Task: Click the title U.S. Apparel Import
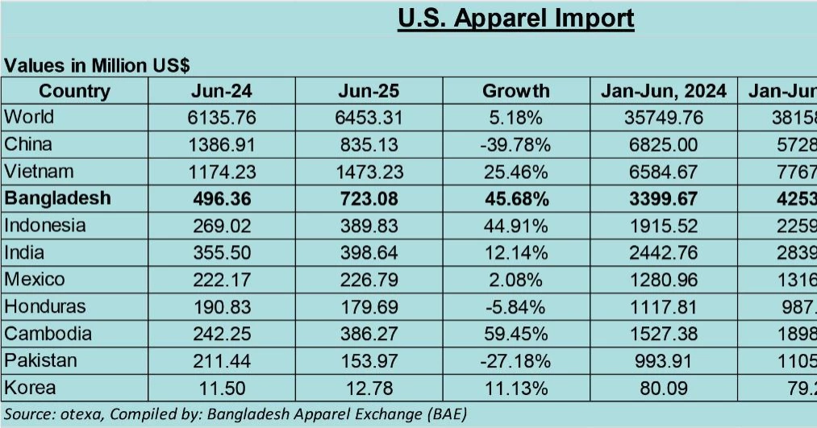[x=515, y=19]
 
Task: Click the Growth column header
[x=515, y=90]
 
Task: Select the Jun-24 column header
[x=222, y=90]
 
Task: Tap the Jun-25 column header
[x=369, y=90]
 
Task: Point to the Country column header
[x=74, y=90]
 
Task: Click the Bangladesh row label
[x=57, y=198]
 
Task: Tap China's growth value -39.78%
[x=515, y=144]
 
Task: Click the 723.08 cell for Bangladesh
[x=369, y=198]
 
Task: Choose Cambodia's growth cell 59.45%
[x=515, y=334]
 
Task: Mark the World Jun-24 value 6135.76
[x=222, y=118]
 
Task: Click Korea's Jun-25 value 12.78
[x=369, y=389]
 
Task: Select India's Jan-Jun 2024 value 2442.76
[x=664, y=252]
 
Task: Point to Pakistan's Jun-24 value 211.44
[x=222, y=361]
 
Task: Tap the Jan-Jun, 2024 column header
[x=664, y=90]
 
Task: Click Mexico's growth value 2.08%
[x=515, y=280]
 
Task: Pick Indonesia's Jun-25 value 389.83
[x=369, y=226]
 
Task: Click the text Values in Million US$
[x=98, y=65]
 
